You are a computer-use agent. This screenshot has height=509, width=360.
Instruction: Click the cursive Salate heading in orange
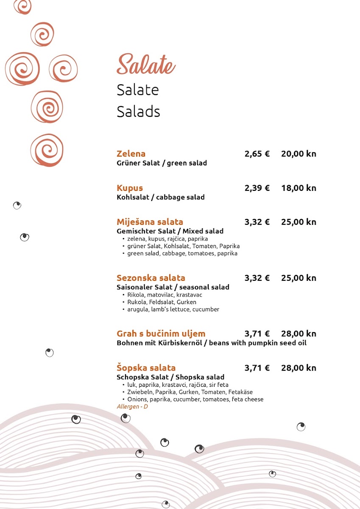coord(146,65)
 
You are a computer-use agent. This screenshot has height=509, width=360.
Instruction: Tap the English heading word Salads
coord(138,112)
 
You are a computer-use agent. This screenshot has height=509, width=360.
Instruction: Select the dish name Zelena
coord(131,154)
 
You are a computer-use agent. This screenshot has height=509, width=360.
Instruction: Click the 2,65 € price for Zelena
coord(257,154)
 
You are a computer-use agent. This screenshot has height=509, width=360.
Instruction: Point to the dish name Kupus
coord(130,188)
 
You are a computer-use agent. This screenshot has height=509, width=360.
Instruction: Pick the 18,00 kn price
coord(299,188)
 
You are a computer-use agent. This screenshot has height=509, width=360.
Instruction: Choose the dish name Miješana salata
coord(150,222)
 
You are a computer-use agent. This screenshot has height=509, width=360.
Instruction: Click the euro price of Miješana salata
coord(257,222)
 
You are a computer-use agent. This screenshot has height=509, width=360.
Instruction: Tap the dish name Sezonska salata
coord(151,278)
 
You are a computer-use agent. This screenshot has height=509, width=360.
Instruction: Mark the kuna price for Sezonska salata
coord(299,278)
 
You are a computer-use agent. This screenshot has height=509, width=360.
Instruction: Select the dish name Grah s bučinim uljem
coord(161,333)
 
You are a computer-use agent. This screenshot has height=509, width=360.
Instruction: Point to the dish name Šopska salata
coord(146,368)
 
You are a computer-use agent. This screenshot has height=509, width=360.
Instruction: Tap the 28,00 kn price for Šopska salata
coord(299,368)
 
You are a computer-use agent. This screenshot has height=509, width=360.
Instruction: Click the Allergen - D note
coord(132,407)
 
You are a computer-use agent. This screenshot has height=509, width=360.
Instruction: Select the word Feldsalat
coord(161,302)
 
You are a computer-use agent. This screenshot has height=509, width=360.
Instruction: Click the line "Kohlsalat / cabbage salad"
coord(161,197)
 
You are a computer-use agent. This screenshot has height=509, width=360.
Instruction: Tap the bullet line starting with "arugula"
coord(173,309)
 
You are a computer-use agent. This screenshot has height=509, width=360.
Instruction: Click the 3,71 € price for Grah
coord(257,333)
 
